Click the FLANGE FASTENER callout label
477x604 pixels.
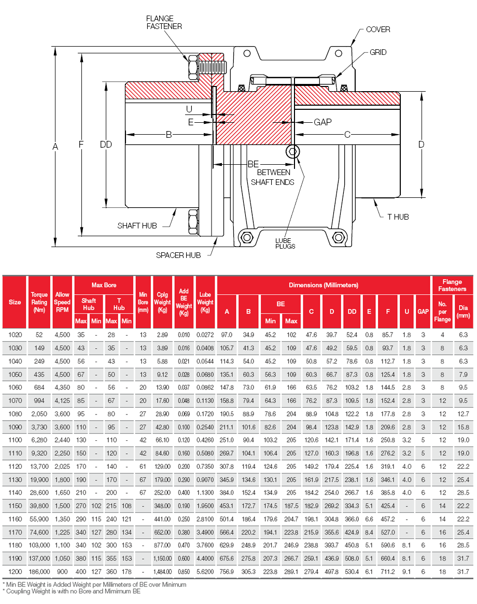[x=164, y=22]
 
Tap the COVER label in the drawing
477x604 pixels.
[x=378, y=30]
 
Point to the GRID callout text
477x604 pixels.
[x=378, y=52]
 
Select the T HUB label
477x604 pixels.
[x=398, y=217]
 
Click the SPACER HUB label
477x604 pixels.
[x=178, y=255]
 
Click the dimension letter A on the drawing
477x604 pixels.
[x=55, y=147]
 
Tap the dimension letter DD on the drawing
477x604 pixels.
[x=106, y=145]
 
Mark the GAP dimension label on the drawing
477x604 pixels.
[x=322, y=122]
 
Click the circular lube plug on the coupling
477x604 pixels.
[x=291, y=151]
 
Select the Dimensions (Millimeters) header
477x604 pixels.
[x=324, y=285]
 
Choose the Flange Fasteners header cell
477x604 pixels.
[x=452, y=285]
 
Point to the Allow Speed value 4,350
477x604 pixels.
[x=62, y=387]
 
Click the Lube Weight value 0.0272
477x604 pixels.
[x=205, y=335]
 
